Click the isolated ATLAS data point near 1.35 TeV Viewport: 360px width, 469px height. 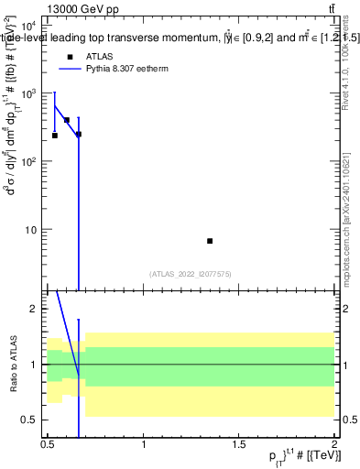[x=210, y=241]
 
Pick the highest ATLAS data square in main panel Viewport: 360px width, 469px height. [x=67, y=120]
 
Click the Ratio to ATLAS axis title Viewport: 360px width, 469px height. [x=12, y=365]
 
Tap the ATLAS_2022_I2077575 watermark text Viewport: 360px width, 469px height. [x=191, y=273]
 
